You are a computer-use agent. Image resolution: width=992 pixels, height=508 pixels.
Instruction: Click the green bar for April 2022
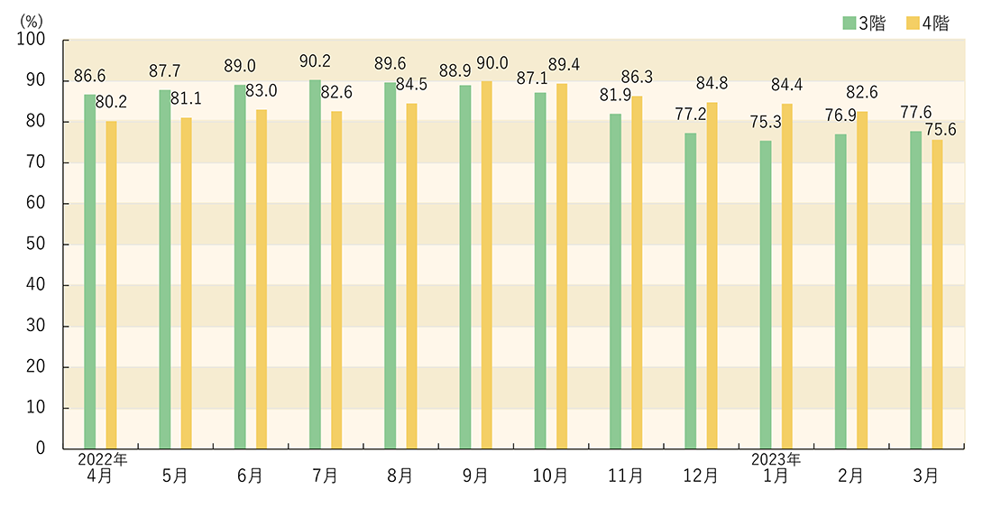[x=89, y=271]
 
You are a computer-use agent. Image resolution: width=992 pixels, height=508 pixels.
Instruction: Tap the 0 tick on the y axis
[x=40, y=448]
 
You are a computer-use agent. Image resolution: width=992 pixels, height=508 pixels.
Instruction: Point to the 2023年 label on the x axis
[x=777, y=459]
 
